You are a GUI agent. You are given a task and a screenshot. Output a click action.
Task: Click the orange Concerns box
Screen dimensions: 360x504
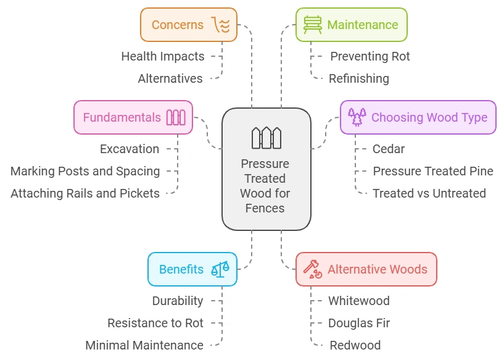[188, 25]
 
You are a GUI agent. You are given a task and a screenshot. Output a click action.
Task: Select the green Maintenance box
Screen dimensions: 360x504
[351, 25]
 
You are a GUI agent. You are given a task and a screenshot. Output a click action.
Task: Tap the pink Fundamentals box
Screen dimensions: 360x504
[133, 117]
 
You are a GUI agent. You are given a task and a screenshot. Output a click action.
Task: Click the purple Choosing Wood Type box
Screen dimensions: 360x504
[418, 117]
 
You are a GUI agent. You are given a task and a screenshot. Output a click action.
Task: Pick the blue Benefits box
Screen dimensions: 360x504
[192, 269]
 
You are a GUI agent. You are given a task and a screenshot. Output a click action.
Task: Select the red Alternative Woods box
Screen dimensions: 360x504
[366, 269]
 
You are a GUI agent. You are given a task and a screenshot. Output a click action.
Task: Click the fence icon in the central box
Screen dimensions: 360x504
[266, 138]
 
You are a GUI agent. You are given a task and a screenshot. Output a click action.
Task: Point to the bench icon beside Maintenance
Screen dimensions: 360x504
[313, 25]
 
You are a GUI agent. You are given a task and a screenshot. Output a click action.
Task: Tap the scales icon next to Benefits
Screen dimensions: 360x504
[220, 269]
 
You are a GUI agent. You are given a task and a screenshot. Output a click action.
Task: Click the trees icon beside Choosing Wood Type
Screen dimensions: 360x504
[357, 117]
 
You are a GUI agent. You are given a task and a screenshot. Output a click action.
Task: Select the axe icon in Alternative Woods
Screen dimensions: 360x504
[313, 269]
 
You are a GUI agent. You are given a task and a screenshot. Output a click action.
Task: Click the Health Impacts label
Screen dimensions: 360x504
[162, 56]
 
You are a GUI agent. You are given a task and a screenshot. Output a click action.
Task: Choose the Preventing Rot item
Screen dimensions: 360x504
[370, 56]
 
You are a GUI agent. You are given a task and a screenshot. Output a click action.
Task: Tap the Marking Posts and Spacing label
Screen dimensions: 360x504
[85, 171]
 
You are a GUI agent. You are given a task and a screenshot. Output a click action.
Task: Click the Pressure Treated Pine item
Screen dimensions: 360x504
[432, 171]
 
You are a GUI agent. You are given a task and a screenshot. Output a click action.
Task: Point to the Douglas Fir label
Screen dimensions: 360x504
[358, 323]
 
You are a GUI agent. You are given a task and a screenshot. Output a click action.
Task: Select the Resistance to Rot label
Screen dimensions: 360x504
[155, 323]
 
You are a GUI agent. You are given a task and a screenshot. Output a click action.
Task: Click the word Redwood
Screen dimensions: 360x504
[355, 345]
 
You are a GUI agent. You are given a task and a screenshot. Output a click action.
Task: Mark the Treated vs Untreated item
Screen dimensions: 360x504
[429, 193]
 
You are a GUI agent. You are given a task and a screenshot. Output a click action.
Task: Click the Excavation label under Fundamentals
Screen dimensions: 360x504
[129, 149]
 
